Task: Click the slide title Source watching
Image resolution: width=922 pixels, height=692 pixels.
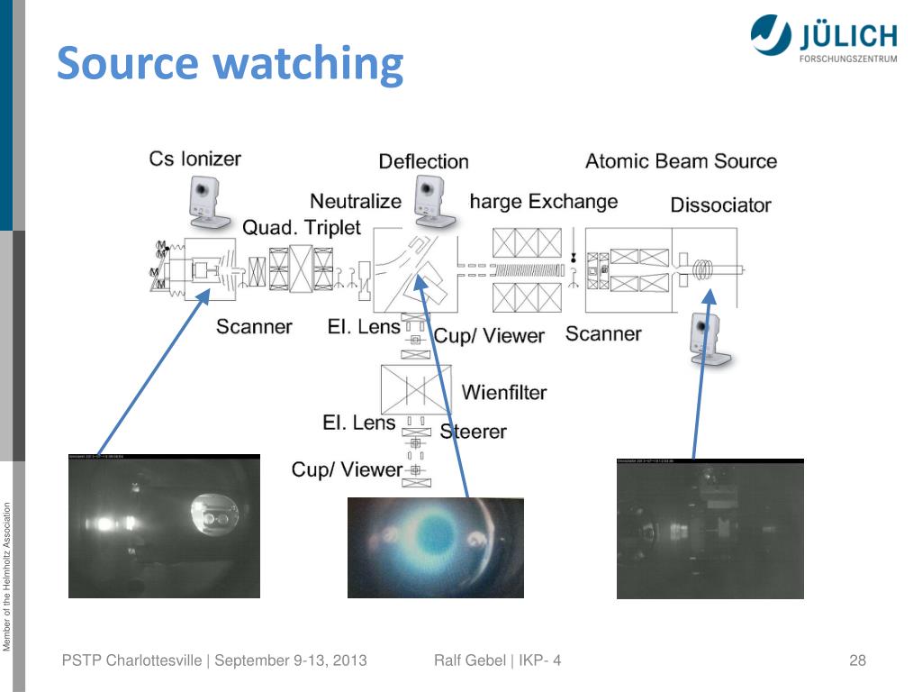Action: [230, 65]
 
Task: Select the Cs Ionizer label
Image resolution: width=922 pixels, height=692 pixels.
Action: [194, 159]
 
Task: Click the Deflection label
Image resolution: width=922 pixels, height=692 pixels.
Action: [423, 162]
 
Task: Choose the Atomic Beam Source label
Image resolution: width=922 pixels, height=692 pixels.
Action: [681, 161]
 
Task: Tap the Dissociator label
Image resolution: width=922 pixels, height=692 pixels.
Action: [720, 205]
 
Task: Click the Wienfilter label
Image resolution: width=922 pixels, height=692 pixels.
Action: [504, 392]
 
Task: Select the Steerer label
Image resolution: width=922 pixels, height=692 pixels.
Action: [474, 432]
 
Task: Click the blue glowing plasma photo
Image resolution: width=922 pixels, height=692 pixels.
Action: [435, 547]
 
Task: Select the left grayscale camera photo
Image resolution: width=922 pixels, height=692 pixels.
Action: [164, 526]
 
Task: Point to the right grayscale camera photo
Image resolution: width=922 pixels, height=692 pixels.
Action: [710, 529]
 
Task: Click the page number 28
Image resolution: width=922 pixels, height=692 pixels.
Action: [857, 660]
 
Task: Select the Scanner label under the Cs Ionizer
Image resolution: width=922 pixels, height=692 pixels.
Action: [254, 326]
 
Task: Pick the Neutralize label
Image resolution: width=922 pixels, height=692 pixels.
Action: [355, 201]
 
